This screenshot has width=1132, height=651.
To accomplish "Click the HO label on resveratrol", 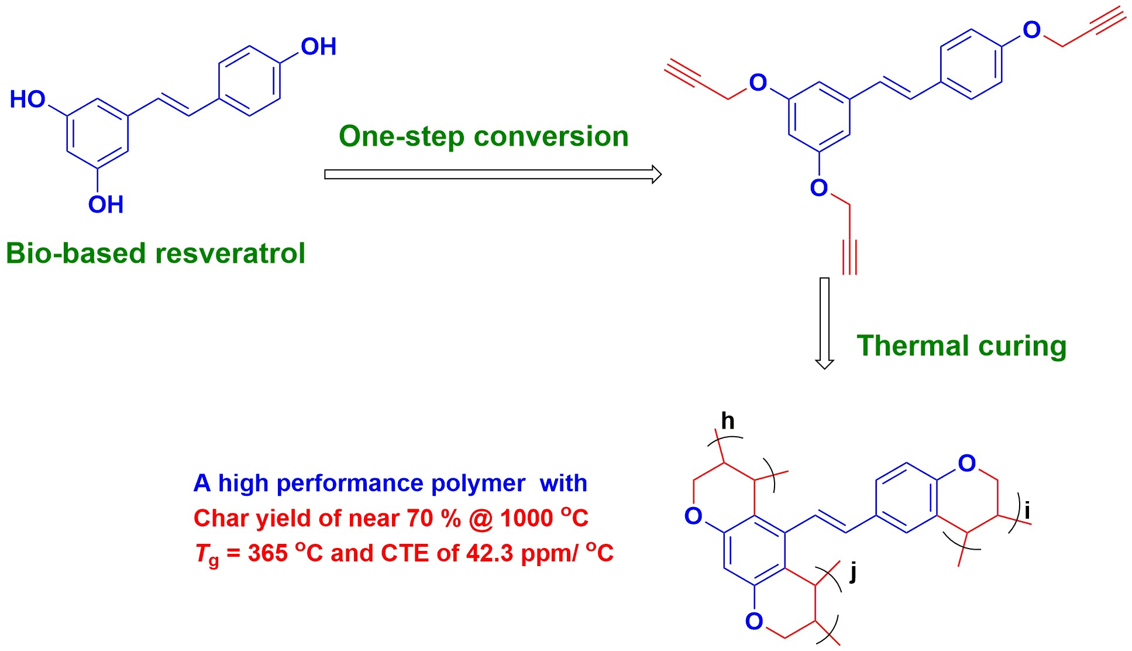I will coord(27,100).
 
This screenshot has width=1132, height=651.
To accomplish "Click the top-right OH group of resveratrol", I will coord(318,47).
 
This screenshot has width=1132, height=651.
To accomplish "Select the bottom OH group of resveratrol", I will coord(106,205).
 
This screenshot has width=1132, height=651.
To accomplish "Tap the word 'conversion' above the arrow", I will coord(551,136).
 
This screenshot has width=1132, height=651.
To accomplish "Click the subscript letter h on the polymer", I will coord(728,421).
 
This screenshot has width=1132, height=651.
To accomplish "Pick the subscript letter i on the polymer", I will coord(1027,510).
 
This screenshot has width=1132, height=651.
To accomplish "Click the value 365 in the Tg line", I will coord(267,553).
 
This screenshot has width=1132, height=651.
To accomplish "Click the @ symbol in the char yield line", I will coord(481,519).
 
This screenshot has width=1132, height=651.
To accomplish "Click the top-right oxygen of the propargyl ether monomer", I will coord(1032,30).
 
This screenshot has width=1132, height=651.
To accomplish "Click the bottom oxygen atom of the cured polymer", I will coord(754,622).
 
